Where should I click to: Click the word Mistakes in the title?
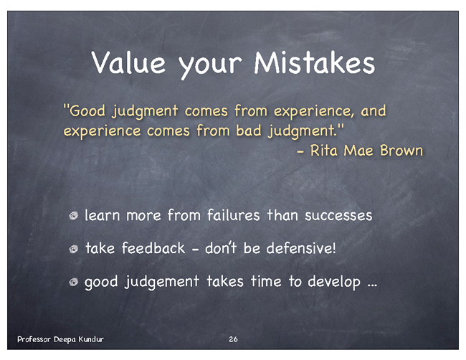tap(314, 62)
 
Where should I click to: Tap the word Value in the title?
tap(128, 62)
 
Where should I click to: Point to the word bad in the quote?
tap(249, 131)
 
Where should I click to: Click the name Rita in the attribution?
tap(323, 150)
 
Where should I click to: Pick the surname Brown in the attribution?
tap(401, 150)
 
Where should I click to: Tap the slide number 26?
tap(233, 339)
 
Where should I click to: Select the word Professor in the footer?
tap(34, 339)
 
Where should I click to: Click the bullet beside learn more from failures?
tap(74, 215)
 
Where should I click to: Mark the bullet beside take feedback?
tap(74, 249)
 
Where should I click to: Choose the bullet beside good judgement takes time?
tap(74, 282)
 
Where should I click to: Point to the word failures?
tap(234, 215)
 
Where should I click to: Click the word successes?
tap(338, 215)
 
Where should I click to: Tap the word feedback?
tap(153, 248)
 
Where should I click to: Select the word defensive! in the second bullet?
tap(301, 248)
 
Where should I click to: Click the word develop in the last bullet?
tap(334, 282)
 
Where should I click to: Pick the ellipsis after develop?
tap(372, 285)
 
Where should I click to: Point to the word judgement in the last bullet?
tap(162, 282)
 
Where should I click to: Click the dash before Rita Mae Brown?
tap(301, 152)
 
